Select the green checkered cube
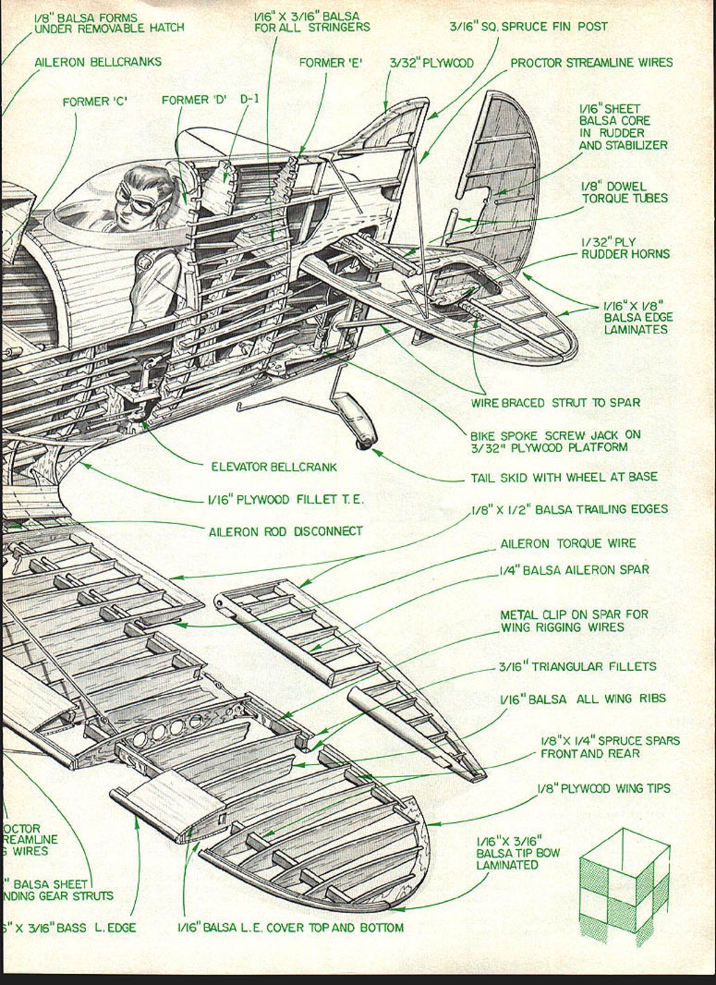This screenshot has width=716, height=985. pyautogui.click(x=624, y=887)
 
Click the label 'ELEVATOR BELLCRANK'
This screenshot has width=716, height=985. pyautogui.click(x=274, y=467)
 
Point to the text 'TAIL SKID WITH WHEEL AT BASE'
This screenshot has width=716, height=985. pyautogui.click(x=564, y=477)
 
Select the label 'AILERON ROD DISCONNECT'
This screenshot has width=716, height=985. pyautogui.click(x=286, y=531)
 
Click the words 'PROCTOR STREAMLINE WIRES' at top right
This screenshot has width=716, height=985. pyautogui.click(x=591, y=62)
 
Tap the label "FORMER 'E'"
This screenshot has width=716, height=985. pyautogui.click(x=331, y=62)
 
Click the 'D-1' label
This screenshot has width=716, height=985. pyautogui.click(x=249, y=99)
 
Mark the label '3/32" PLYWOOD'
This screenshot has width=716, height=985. pyautogui.click(x=431, y=62)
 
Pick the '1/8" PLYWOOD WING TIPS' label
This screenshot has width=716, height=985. pyautogui.click(x=604, y=788)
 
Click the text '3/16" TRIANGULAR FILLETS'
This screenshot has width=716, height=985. pyautogui.click(x=577, y=666)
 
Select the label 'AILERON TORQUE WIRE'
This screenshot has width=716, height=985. pyautogui.click(x=568, y=543)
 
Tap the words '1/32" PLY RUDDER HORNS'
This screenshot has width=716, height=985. pyautogui.click(x=625, y=248)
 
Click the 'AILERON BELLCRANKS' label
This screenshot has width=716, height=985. pyautogui.click(x=98, y=62)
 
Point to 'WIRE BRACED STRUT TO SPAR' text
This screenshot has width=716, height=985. pyautogui.click(x=555, y=402)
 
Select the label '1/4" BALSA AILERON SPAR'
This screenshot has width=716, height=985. pyautogui.click(x=575, y=570)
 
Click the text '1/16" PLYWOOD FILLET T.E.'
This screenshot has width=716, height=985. pyautogui.click(x=286, y=499)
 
